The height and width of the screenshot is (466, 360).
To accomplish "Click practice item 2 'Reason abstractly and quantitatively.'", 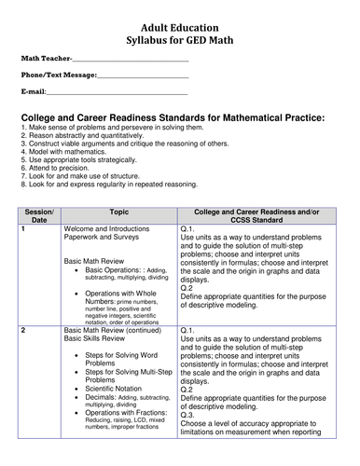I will click(x=89, y=140).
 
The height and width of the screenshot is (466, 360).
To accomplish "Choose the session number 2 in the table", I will click(x=22, y=356).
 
